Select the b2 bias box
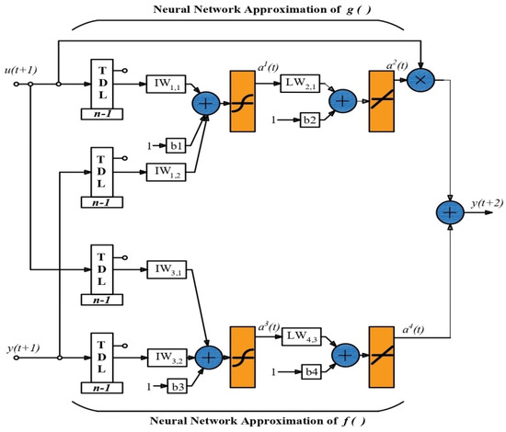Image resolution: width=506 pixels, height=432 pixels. tap(310, 119)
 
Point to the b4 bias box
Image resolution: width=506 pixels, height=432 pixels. tap(311, 372)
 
